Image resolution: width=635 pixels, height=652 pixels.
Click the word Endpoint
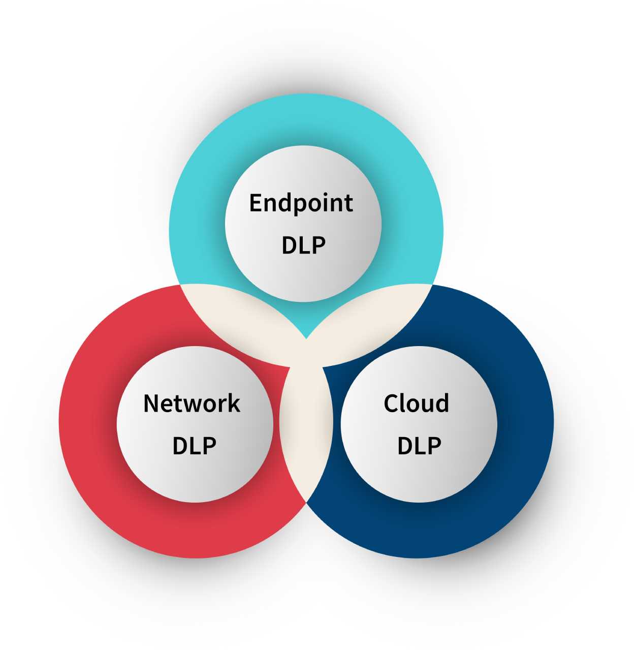(x=301, y=203)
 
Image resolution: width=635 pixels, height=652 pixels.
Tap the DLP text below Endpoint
(x=303, y=245)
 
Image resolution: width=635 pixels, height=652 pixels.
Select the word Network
(x=192, y=403)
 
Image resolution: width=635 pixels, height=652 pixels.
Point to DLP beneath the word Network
(x=194, y=446)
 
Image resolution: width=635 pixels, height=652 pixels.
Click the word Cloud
(x=416, y=403)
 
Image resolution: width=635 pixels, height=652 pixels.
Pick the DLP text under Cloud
(x=419, y=446)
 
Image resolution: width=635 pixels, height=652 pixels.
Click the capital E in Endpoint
(x=256, y=203)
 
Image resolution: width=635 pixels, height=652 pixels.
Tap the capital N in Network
(x=151, y=403)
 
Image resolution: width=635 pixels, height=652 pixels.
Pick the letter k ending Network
(x=234, y=403)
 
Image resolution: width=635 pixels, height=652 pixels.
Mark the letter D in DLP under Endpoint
(x=289, y=245)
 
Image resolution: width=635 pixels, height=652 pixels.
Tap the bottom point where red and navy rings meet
(x=306, y=502)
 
